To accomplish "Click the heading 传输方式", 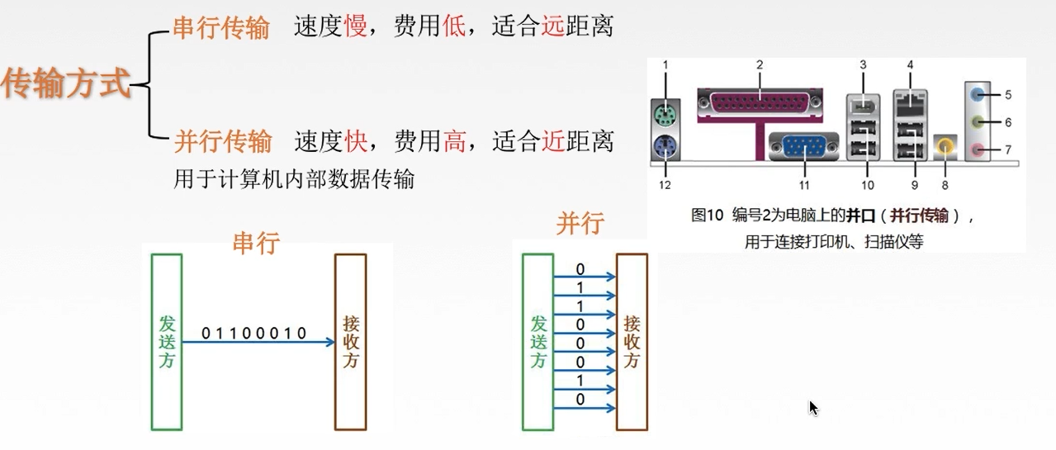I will pos(66,83).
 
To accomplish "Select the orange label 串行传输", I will pos(220,28).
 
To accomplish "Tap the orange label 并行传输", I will pos(222,141).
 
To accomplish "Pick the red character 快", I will pos(356,141).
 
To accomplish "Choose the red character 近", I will pos(553,141).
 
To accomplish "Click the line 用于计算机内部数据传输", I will pos(294,179).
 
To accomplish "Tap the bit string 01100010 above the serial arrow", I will pos(254,334).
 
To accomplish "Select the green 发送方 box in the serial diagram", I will pos(167,342).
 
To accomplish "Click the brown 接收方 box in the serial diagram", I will pos(350,342).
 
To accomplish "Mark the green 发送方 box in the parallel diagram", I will pos(538,342).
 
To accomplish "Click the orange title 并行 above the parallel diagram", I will pos(580,223).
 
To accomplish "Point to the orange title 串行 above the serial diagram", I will pos(256,242).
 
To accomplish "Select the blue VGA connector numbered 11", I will pos(803,147).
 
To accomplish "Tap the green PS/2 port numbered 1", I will pos(665,112).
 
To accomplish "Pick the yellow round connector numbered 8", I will pos(944,147).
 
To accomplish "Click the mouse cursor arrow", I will pos(813,407).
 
